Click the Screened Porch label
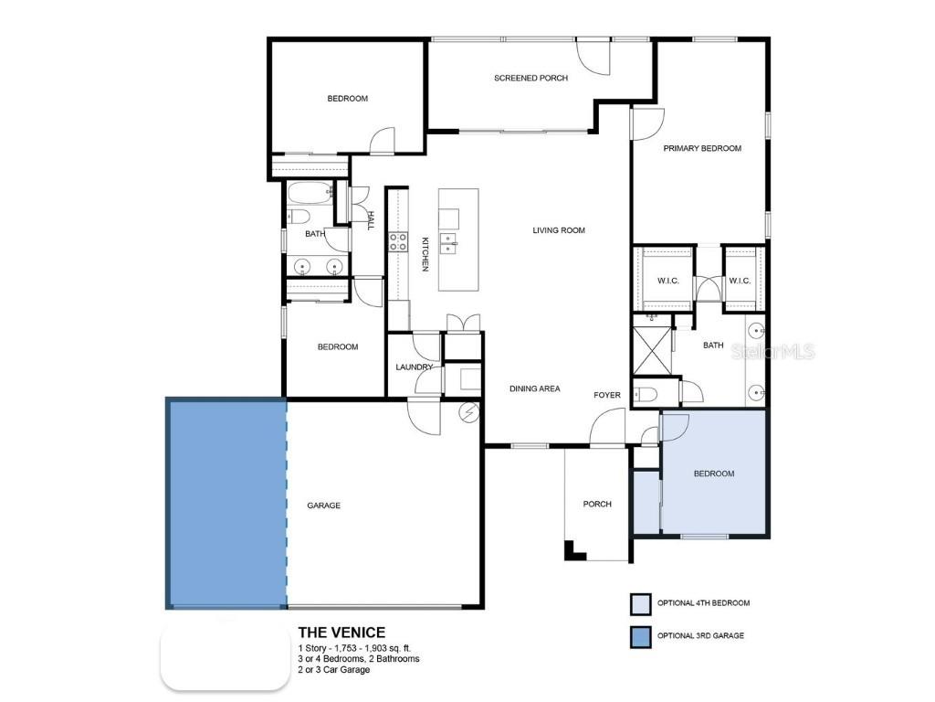(531, 79)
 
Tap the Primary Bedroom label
(702, 148)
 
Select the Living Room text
(559, 230)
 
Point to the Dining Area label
(534, 388)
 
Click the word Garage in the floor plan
(323, 505)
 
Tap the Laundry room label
(414, 367)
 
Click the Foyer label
(607, 395)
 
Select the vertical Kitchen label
(425, 254)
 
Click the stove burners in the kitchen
(399, 242)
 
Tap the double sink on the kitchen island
(447, 242)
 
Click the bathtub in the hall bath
(310, 194)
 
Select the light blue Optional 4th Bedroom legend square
(641, 603)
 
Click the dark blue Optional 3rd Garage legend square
(641, 635)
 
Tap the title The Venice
(341, 633)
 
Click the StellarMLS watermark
(773, 352)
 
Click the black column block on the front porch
(573, 551)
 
